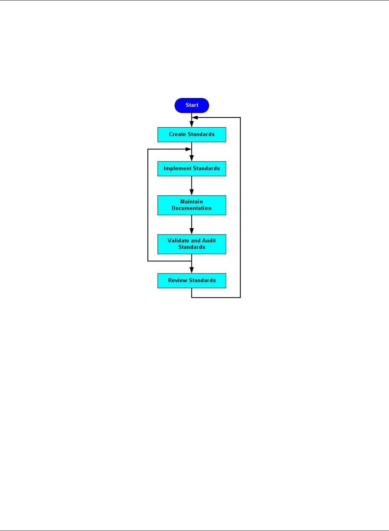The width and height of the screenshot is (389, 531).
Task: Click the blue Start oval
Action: pos(192,105)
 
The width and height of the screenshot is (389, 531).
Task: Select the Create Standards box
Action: pos(192,135)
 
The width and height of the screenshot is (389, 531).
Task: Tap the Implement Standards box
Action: pos(192,169)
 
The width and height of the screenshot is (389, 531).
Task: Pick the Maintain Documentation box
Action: pos(192,205)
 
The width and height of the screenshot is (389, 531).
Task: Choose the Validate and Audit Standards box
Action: pos(192,244)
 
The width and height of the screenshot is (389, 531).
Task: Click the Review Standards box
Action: pos(192,281)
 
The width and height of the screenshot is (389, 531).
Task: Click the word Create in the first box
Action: pos(177,134)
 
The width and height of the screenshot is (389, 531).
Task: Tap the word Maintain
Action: pos(191,202)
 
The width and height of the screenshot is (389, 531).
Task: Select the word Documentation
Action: pos(191,208)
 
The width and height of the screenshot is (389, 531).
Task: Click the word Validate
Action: pos(178,241)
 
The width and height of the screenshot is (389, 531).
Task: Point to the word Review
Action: pos(178,281)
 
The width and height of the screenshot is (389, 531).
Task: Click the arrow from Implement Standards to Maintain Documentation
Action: pos(192,185)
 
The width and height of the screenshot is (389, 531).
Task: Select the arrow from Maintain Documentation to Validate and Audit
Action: pos(192,224)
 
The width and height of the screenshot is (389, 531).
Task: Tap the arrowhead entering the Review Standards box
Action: pos(192,270)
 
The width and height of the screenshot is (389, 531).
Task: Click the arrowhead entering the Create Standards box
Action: pos(192,124)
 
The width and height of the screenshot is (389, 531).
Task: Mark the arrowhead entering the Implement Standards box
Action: pos(192,158)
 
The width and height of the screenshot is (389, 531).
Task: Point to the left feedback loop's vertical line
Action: pos(148,205)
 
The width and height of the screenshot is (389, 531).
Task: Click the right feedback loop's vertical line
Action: pos(240,207)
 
